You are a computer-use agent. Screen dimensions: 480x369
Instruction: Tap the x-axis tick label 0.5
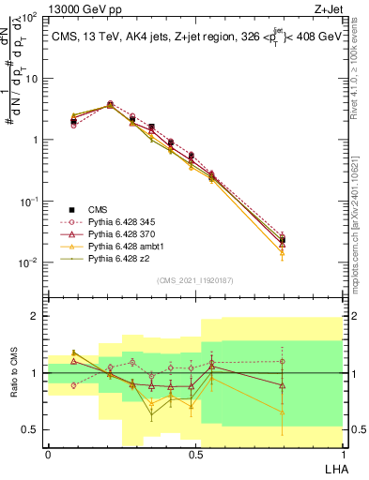(x=195, y=455)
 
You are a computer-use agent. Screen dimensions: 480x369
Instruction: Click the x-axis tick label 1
(x=342, y=455)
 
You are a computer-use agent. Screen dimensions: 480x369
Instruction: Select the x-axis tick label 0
(x=48, y=455)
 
